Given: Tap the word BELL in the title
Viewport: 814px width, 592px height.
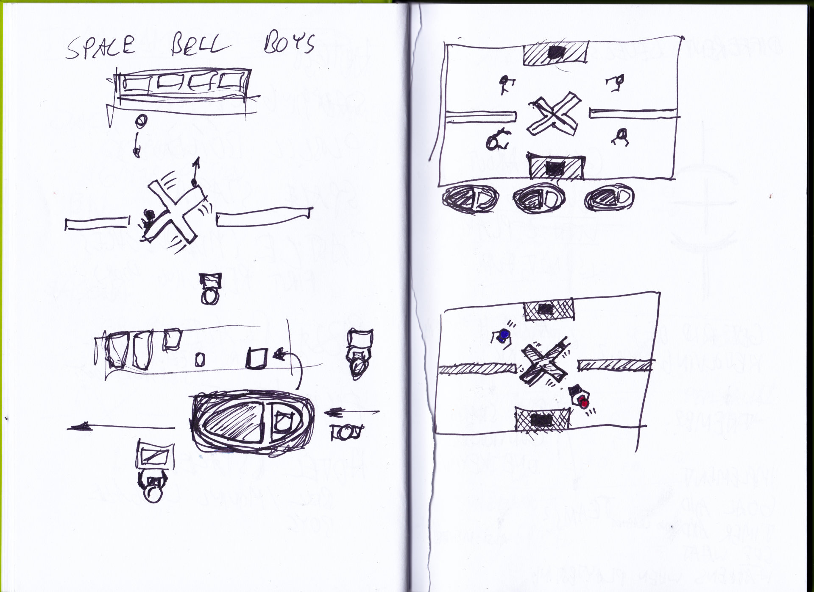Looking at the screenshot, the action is point(196,46).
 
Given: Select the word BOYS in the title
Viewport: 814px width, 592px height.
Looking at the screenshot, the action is point(288,44).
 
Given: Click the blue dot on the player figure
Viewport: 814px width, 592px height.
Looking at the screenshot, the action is point(504,335).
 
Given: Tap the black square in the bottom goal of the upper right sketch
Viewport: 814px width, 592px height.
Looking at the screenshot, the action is point(554,168).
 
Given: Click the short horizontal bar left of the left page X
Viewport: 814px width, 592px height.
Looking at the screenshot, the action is point(97,223).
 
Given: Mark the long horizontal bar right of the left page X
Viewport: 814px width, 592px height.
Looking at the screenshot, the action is point(265,216).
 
